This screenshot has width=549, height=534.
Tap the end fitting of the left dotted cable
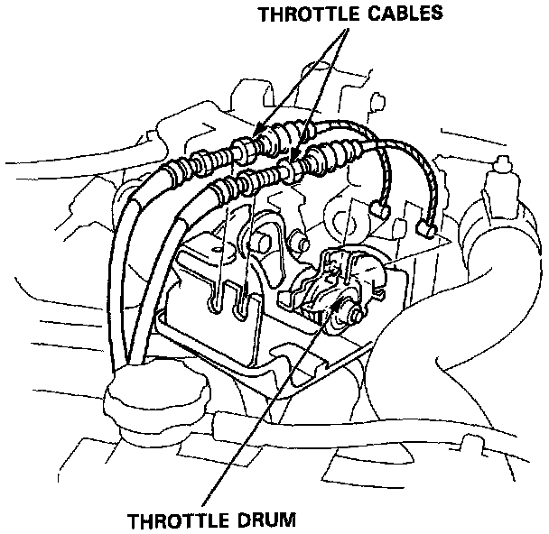(x=384, y=213)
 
